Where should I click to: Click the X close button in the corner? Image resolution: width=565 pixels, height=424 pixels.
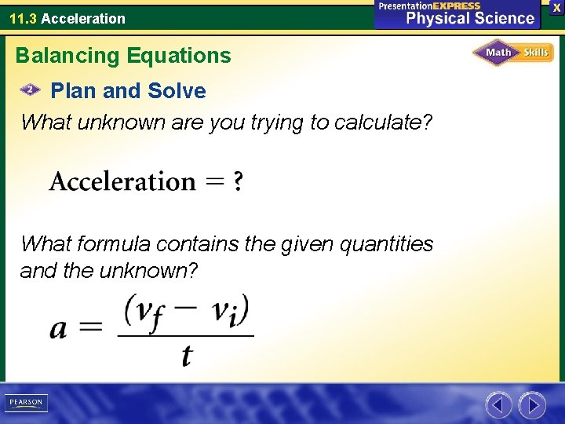coord(556,7)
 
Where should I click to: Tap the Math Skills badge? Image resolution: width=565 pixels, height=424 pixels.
coord(513,53)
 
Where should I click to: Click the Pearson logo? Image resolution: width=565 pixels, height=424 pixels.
coord(26,403)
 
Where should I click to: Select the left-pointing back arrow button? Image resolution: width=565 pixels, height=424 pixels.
coord(498,405)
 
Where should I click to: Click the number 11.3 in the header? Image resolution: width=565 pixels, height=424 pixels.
coord(23,18)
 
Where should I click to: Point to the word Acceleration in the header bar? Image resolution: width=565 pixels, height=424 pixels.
coord(83,18)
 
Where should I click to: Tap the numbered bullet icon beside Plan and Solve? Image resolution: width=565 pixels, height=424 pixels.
coord(31,90)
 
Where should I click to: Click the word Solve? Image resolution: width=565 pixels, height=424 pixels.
coord(177,91)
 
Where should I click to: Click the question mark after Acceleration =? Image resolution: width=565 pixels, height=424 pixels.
coord(238,182)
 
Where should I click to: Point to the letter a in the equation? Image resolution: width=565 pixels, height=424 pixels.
coord(58,328)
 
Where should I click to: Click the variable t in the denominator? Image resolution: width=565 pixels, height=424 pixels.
coord(186,356)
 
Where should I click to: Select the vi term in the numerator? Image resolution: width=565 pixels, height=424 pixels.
coord(227,309)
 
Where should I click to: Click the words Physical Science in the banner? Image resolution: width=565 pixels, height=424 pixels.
coord(469,18)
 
